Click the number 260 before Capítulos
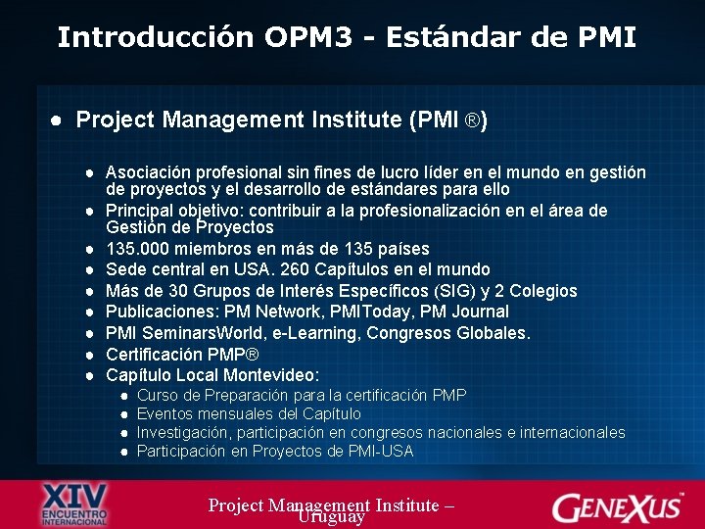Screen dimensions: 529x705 tap(269, 269)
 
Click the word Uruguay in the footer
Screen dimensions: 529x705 tap(331, 517)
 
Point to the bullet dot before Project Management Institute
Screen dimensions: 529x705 tap(58, 120)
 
